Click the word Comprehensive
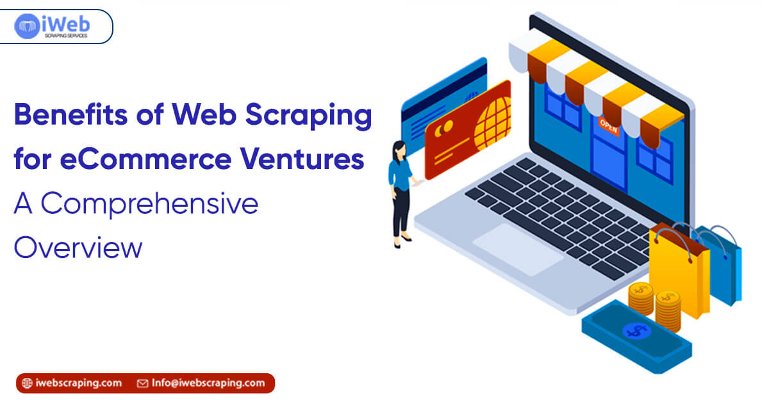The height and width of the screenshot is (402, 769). tap(148, 204)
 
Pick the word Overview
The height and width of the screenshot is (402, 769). tap(78, 246)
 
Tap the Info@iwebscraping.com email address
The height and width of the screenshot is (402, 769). tap(208, 383)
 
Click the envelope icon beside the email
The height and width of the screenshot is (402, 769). tap(143, 383)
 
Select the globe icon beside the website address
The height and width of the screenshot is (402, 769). tap(27, 383)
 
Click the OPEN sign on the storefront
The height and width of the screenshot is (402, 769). tap(608, 125)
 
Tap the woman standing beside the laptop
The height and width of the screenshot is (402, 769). tap(400, 192)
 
